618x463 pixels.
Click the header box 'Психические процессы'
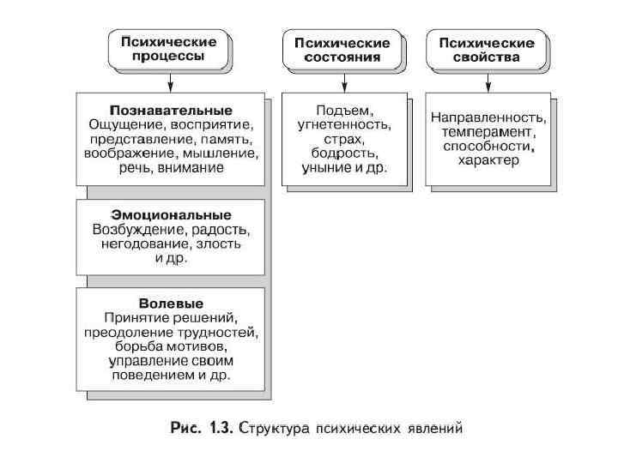169,49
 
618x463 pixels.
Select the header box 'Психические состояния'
342,50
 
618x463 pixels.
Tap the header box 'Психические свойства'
487,50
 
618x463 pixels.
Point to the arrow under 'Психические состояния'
342,82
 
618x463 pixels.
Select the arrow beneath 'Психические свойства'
488,82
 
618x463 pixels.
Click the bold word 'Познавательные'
171,111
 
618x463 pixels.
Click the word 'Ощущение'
121,125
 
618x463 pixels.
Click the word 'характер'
488,160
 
